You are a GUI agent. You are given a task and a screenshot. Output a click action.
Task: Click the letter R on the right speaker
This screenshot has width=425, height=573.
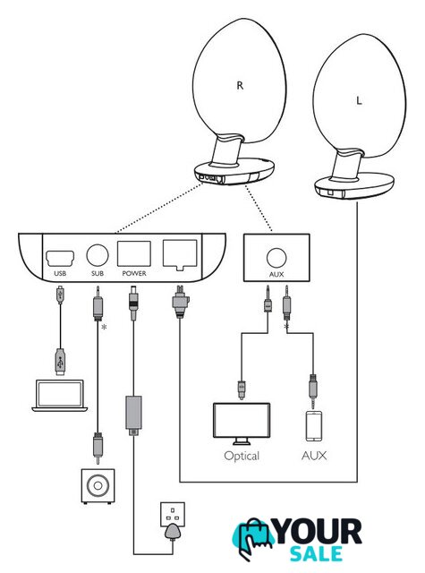[240, 86]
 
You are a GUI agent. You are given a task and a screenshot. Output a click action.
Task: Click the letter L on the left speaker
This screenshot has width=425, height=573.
[359, 100]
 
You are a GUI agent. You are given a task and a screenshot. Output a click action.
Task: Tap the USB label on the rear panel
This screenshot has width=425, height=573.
[60, 273]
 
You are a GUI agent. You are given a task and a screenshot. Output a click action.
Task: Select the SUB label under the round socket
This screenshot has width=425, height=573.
[98, 273]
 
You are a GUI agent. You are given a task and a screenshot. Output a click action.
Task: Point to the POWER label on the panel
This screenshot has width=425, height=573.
[134, 273]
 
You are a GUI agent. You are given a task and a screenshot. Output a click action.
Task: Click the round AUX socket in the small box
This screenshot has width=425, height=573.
[276, 258]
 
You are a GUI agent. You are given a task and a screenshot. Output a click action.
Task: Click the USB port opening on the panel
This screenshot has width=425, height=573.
[60, 259]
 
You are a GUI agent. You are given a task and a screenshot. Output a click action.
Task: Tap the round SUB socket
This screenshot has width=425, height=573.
[98, 254]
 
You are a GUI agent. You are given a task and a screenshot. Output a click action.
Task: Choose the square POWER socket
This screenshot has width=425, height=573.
[134, 253]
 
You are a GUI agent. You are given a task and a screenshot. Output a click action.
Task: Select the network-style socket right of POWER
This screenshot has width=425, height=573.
[180, 254]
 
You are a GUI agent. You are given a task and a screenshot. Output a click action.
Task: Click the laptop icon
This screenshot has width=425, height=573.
[60, 396]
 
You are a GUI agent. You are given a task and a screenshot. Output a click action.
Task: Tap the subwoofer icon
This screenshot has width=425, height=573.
[98, 486]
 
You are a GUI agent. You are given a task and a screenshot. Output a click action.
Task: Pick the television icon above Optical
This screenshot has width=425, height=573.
[242, 423]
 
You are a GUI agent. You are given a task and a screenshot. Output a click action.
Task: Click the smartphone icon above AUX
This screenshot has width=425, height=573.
[314, 426]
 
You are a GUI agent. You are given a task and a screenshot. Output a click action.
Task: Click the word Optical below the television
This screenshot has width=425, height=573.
[242, 456]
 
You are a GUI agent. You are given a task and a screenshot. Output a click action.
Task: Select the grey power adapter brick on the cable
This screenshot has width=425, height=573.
[133, 413]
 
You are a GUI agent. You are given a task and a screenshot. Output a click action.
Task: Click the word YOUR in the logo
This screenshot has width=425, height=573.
[317, 532]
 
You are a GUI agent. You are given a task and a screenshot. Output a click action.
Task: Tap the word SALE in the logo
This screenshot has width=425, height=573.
[316, 553]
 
